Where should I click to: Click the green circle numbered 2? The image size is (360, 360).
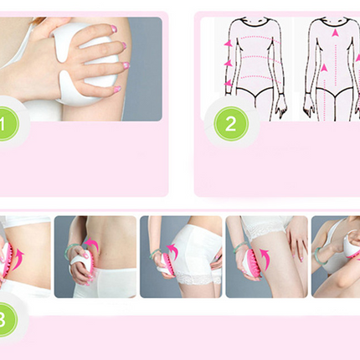231,124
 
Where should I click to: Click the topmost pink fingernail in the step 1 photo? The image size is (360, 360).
113,28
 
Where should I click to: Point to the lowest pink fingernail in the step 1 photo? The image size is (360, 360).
117,90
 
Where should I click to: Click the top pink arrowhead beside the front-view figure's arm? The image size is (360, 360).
229,44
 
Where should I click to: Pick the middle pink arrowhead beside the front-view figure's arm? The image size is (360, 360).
229,63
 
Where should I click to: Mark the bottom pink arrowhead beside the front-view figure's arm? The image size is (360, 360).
229,83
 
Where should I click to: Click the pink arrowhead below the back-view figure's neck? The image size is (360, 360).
334,33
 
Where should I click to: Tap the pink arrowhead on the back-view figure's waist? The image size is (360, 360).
324,68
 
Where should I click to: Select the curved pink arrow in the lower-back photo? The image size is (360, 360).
93,244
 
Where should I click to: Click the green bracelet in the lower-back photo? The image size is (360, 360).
69,249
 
